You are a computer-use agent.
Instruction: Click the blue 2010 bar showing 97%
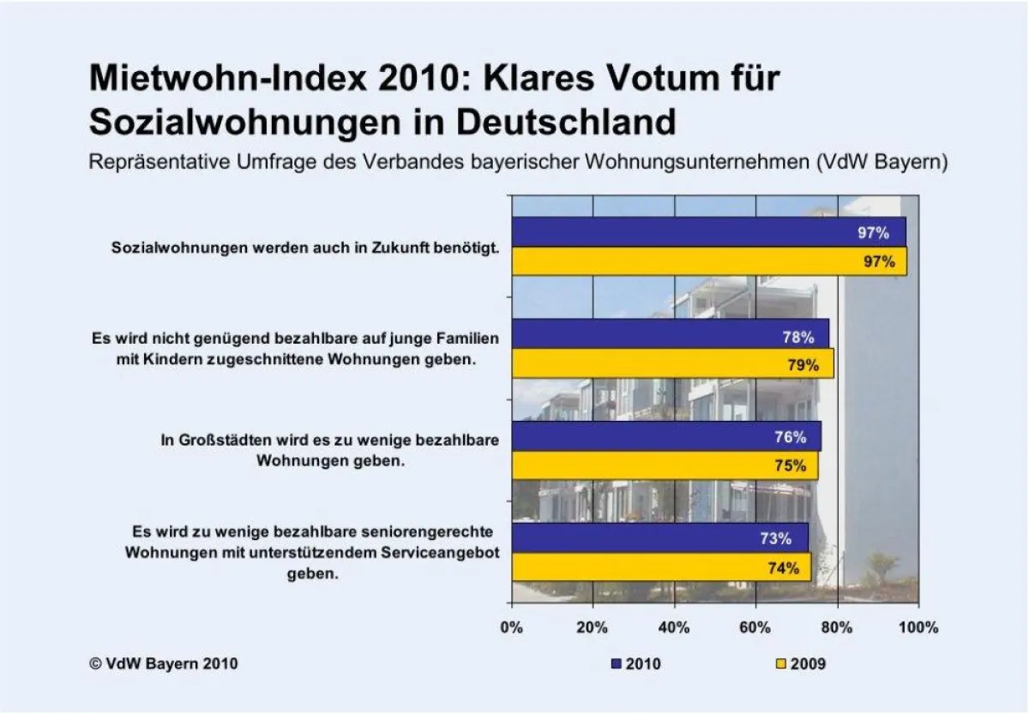pyautogui.click(x=708, y=232)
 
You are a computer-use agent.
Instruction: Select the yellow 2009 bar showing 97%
pyautogui.click(x=708, y=261)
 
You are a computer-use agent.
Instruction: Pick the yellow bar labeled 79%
pyautogui.click(x=672, y=363)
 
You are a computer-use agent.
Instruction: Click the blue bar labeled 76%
pyautogui.click(x=665, y=436)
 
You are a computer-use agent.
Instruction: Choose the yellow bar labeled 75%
pyautogui.click(x=664, y=465)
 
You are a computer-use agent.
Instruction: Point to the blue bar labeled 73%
pyautogui.click(x=659, y=538)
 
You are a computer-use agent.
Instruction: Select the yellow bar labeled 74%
pyautogui.click(x=661, y=567)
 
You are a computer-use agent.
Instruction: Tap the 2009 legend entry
pyautogui.click(x=800, y=663)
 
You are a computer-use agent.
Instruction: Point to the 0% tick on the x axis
pyautogui.click(x=512, y=627)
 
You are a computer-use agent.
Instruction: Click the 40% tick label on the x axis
pyautogui.click(x=674, y=627)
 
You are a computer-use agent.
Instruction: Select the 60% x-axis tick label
pyautogui.click(x=755, y=627)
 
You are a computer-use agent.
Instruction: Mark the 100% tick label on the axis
pyautogui.click(x=918, y=627)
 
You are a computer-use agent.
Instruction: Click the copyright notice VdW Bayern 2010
pyautogui.click(x=163, y=663)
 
